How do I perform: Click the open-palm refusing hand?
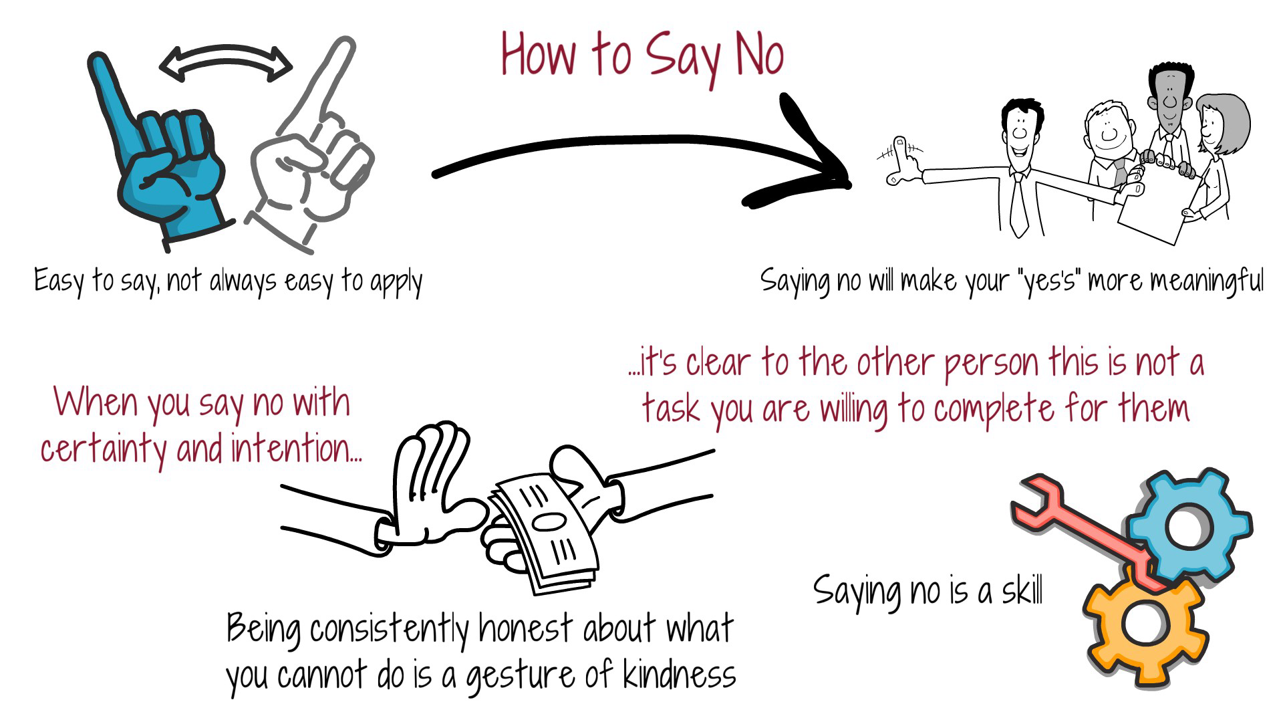click(428, 488)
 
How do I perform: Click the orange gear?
click(1143, 625)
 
